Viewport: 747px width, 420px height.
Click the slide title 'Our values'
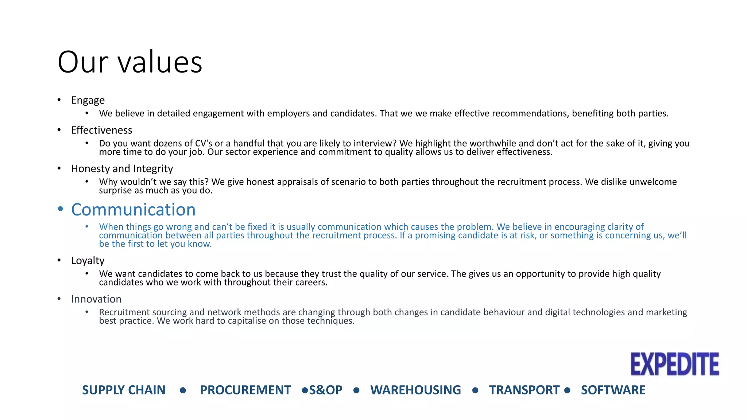(x=130, y=62)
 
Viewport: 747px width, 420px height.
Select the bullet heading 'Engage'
(x=88, y=100)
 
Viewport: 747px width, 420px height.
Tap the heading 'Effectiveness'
(x=101, y=130)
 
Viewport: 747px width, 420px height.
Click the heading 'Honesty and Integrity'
(x=122, y=168)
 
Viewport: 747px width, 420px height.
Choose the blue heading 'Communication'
(x=133, y=210)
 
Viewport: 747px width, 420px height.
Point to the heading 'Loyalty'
(x=88, y=261)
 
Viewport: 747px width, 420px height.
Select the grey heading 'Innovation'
(x=96, y=299)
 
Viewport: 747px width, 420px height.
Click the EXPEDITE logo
(x=675, y=364)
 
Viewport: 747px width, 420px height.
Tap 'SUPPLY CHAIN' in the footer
(x=124, y=390)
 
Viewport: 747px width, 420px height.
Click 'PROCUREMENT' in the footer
(x=245, y=390)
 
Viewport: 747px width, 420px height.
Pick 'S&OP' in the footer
(x=326, y=390)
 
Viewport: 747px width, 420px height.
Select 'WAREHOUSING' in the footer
(x=415, y=390)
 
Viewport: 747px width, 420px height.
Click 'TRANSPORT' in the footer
(x=524, y=390)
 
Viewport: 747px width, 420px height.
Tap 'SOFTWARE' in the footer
(x=613, y=390)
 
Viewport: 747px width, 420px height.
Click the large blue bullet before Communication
(x=61, y=209)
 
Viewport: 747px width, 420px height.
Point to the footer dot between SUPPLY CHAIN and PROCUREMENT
(x=183, y=390)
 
